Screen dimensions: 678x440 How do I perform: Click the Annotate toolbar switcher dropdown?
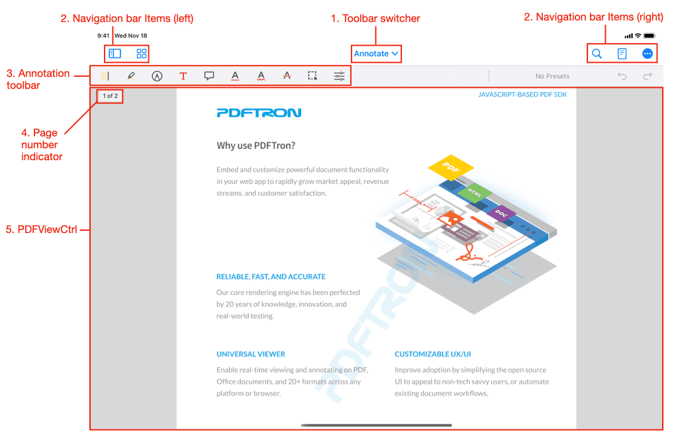coord(376,54)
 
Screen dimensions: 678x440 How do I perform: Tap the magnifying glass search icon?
coord(597,54)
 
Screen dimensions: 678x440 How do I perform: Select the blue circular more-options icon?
coord(648,54)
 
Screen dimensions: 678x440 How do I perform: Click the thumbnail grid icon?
coord(142,54)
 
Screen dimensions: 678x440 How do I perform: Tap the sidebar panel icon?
coord(115,54)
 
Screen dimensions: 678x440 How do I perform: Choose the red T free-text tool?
coord(183,76)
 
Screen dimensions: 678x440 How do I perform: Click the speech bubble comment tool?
coord(209,76)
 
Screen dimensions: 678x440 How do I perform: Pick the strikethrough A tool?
coord(287,76)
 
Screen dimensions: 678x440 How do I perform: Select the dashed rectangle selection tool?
coord(313,76)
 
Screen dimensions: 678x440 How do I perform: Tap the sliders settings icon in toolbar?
coord(339,76)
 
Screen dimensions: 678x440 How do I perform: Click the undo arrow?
coord(622,76)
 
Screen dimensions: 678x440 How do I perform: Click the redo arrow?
coord(648,76)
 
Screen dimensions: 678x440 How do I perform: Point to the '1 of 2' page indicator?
coord(111,96)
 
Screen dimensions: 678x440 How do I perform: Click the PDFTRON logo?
coord(259,112)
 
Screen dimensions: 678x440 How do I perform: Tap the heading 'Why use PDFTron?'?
coord(256,146)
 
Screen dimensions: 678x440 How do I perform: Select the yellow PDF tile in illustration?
coord(450,167)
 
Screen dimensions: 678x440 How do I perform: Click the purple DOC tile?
coord(501,213)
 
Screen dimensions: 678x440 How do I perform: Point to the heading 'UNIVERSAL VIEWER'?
coord(251,354)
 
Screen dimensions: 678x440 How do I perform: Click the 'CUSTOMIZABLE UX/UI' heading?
coord(432,354)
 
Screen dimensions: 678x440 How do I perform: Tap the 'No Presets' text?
coord(552,76)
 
